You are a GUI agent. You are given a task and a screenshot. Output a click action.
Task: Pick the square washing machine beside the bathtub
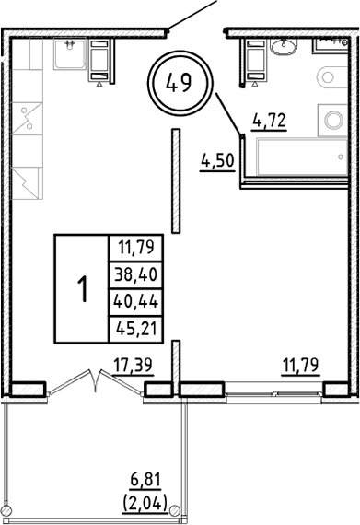332,118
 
